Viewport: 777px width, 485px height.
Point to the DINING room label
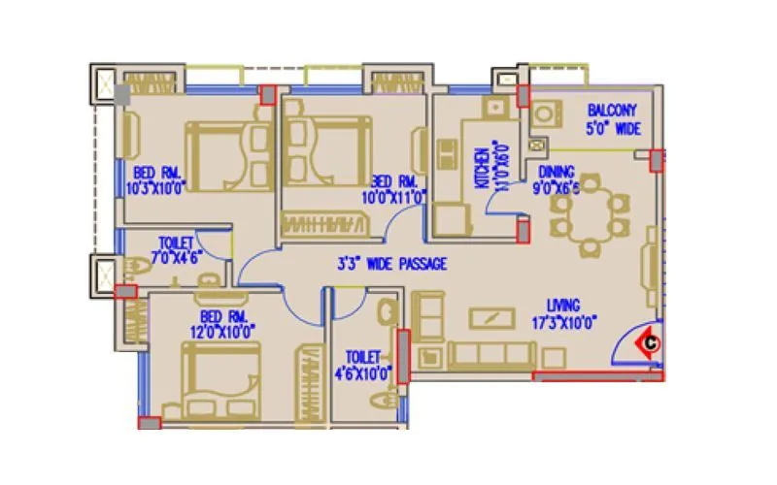pyautogui.click(x=556, y=173)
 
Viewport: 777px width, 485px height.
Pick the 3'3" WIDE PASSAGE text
pyautogui.click(x=391, y=264)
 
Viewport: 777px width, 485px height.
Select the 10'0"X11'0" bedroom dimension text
pyautogui.click(x=393, y=197)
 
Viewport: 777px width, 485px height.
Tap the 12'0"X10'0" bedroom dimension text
pyautogui.click(x=224, y=332)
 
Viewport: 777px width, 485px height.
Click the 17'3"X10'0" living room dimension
pyautogui.click(x=564, y=322)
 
